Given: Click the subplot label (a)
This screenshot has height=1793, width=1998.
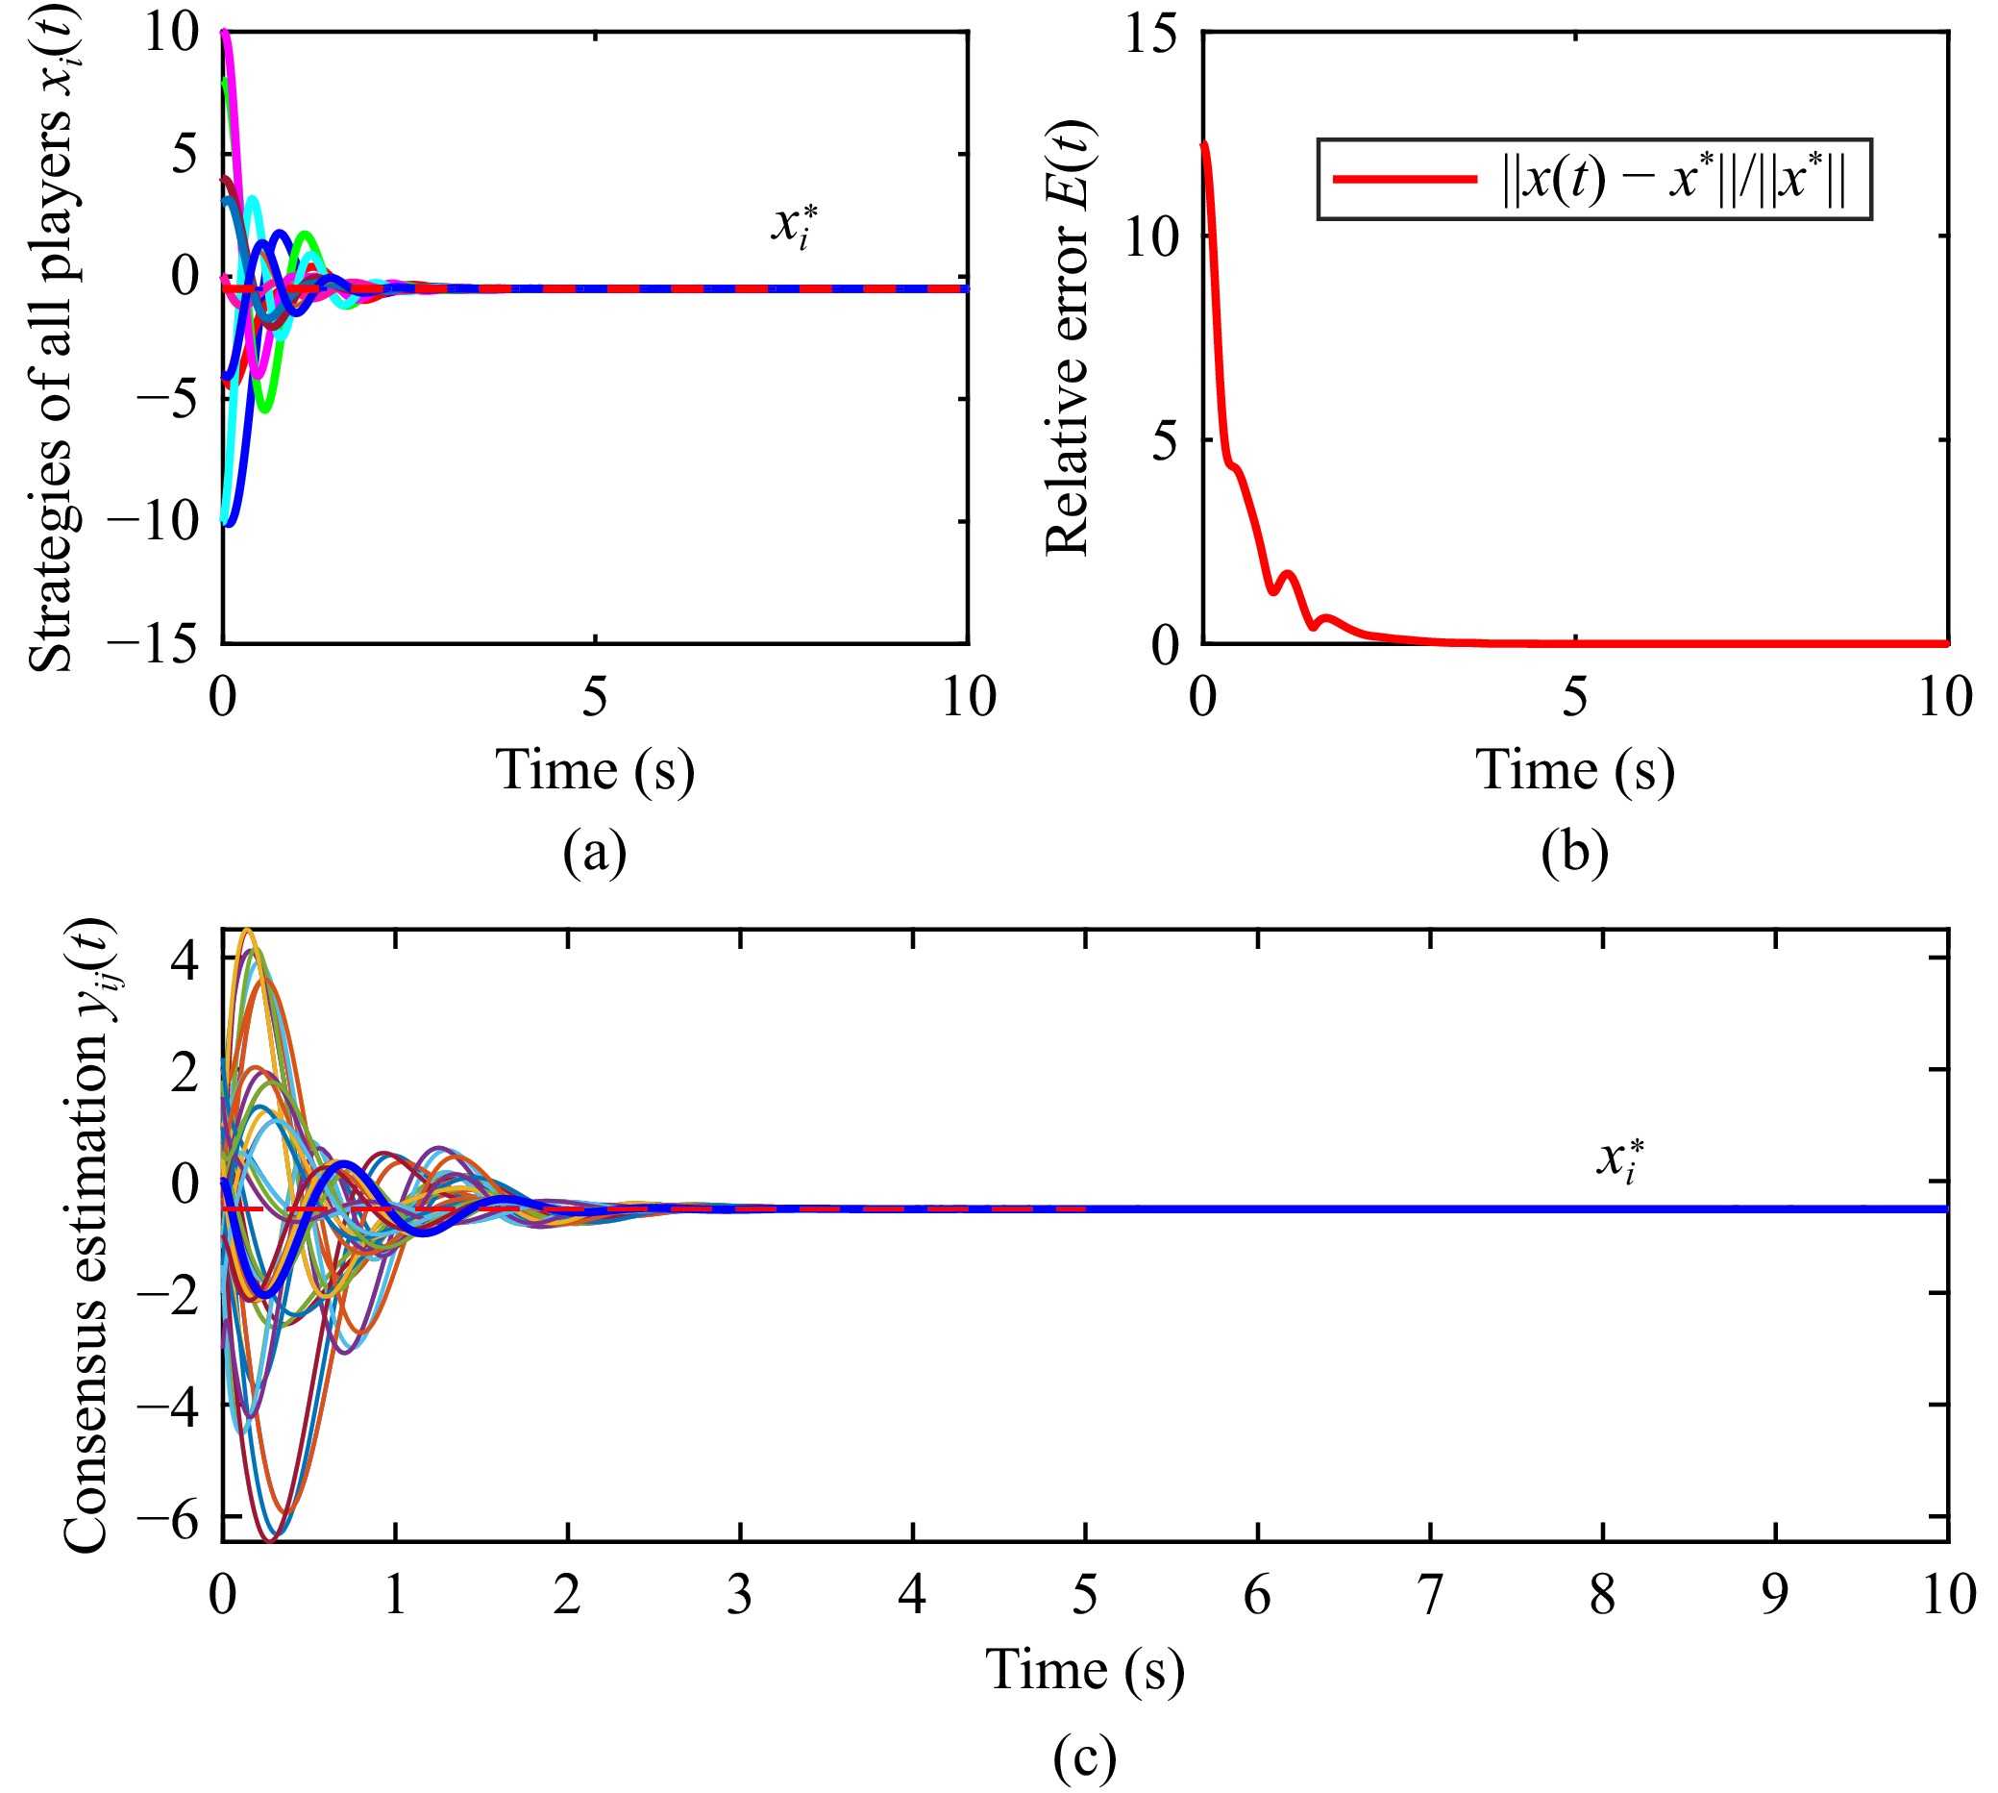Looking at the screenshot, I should [x=595, y=853].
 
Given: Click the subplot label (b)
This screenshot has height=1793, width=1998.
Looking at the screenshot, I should [x=1573, y=853].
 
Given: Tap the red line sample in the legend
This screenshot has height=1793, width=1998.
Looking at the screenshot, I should [x=1405, y=179].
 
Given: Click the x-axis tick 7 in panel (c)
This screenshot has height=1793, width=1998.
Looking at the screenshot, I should [x=1430, y=1594].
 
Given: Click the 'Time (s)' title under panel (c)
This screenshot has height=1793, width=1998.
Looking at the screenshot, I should [x=1084, y=1671].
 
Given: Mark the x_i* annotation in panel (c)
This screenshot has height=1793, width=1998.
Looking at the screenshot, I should [x=1620, y=1159].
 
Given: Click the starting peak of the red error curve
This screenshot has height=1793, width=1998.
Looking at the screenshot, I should [x=1204, y=146].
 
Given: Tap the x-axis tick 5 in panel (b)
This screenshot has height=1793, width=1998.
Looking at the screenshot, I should [x=1574, y=698].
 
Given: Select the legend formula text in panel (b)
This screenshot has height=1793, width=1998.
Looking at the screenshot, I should [x=1674, y=179].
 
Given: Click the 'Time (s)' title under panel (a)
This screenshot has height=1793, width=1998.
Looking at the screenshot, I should [x=595, y=770].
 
